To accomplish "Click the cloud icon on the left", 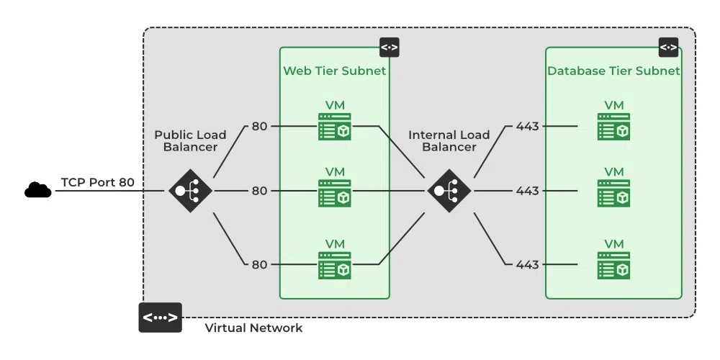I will tap(37, 190).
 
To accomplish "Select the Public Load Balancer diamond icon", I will tap(190, 191).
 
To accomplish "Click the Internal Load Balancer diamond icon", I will tap(449, 191).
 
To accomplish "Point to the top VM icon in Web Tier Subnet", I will tap(335, 127).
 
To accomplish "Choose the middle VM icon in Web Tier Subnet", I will tap(335, 192).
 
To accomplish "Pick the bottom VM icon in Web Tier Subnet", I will tap(335, 265).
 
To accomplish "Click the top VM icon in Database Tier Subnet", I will tap(613, 127).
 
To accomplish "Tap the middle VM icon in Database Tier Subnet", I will tap(613, 192).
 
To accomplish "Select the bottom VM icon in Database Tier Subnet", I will tap(613, 265).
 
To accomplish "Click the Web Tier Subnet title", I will tap(334, 71).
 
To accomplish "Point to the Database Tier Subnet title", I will tap(613, 71).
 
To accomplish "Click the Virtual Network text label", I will tap(253, 328).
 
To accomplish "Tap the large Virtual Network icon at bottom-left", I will tap(160, 318).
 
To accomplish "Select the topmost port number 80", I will tap(259, 127).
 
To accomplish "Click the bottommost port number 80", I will tap(259, 264).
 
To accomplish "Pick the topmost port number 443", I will tap(527, 127).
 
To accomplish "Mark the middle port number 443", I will tap(527, 191).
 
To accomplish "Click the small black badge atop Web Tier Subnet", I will tap(390, 48).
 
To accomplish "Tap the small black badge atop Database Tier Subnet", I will tap(668, 48).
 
